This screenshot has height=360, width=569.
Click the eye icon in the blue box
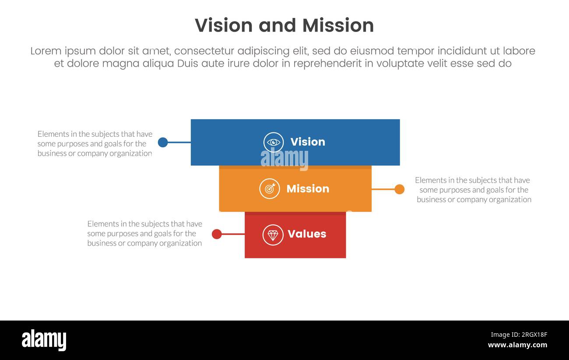(274, 142)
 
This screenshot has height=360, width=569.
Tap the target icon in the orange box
(270, 189)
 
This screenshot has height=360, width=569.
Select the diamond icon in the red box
(273, 235)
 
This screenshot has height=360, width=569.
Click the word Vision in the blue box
(308, 142)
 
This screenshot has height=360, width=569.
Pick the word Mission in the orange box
(308, 189)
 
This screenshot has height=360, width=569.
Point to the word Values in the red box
(307, 234)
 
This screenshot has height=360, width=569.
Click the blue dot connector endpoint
(163, 142)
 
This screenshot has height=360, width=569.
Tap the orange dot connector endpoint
(399, 189)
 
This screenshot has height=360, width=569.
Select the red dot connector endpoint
(217, 234)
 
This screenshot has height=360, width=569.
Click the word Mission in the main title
(338, 25)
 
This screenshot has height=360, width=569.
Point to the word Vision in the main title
(224, 25)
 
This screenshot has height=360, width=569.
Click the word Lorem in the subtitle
(46, 51)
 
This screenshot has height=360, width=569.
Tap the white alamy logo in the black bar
(44, 340)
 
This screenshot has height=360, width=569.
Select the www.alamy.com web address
(517, 345)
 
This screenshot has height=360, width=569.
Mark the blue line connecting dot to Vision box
(179, 142)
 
